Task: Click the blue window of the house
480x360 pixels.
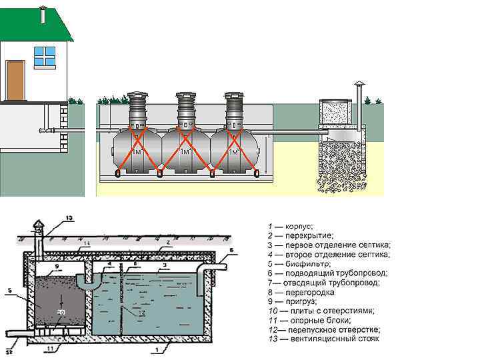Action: (x=43, y=57)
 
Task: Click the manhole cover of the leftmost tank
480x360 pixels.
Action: (x=137, y=95)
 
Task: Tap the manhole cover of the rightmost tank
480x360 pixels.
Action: (x=233, y=95)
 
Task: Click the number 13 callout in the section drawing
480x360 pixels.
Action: (x=71, y=219)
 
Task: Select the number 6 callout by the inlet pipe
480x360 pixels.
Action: (x=231, y=251)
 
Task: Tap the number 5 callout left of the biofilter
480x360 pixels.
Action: (x=9, y=289)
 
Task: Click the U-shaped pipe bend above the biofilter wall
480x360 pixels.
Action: (x=87, y=281)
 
